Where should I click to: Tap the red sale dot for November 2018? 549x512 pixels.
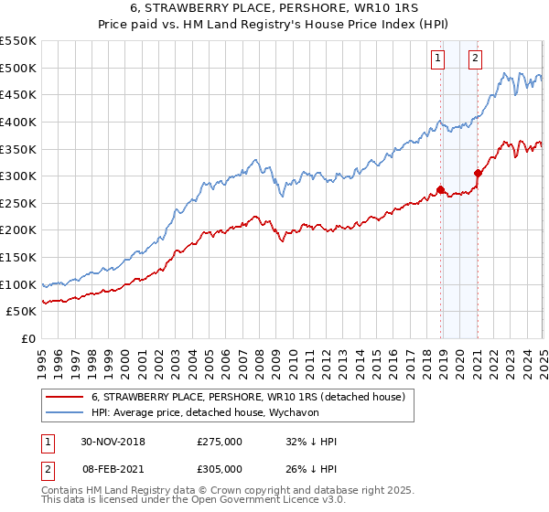click(440, 189)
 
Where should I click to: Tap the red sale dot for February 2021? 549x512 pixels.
click(478, 173)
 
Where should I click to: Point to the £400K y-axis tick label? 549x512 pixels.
click(18, 122)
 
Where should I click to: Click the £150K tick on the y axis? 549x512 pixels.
click(18, 257)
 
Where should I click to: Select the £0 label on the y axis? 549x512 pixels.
click(27, 338)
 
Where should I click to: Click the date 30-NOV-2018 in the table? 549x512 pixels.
click(113, 442)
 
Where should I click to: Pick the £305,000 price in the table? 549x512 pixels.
click(220, 469)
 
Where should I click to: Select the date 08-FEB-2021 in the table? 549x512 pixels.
click(113, 469)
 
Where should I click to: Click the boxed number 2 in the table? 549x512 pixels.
click(46, 469)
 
